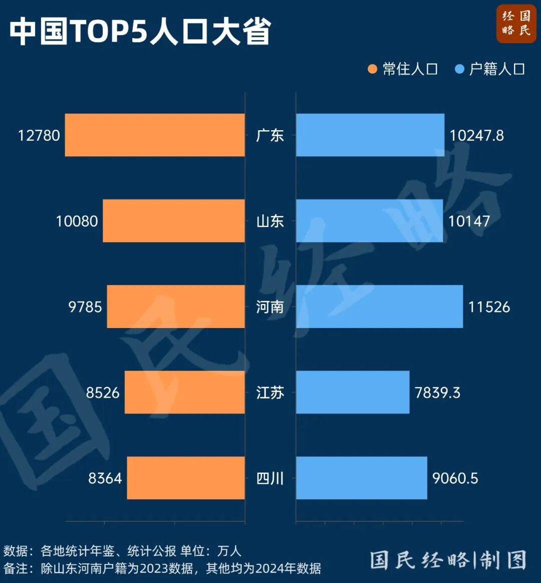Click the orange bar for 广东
point(155,135)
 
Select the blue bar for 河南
point(379,307)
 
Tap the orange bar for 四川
point(186,478)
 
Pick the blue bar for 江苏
point(353,392)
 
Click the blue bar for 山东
point(369,221)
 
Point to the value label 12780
point(39,136)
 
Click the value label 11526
point(489,307)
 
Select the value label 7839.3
point(437,393)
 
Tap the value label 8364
point(105,478)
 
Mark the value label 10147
point(469,221)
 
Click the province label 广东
point(270,136)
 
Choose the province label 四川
point(270,478)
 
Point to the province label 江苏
point(270,393)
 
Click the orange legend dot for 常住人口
point(372,69)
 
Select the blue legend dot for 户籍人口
point(459,69)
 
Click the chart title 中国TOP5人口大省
point(140,31)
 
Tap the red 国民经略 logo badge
point(516,24)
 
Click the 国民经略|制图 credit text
point(448,560)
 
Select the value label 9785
point(85,307)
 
